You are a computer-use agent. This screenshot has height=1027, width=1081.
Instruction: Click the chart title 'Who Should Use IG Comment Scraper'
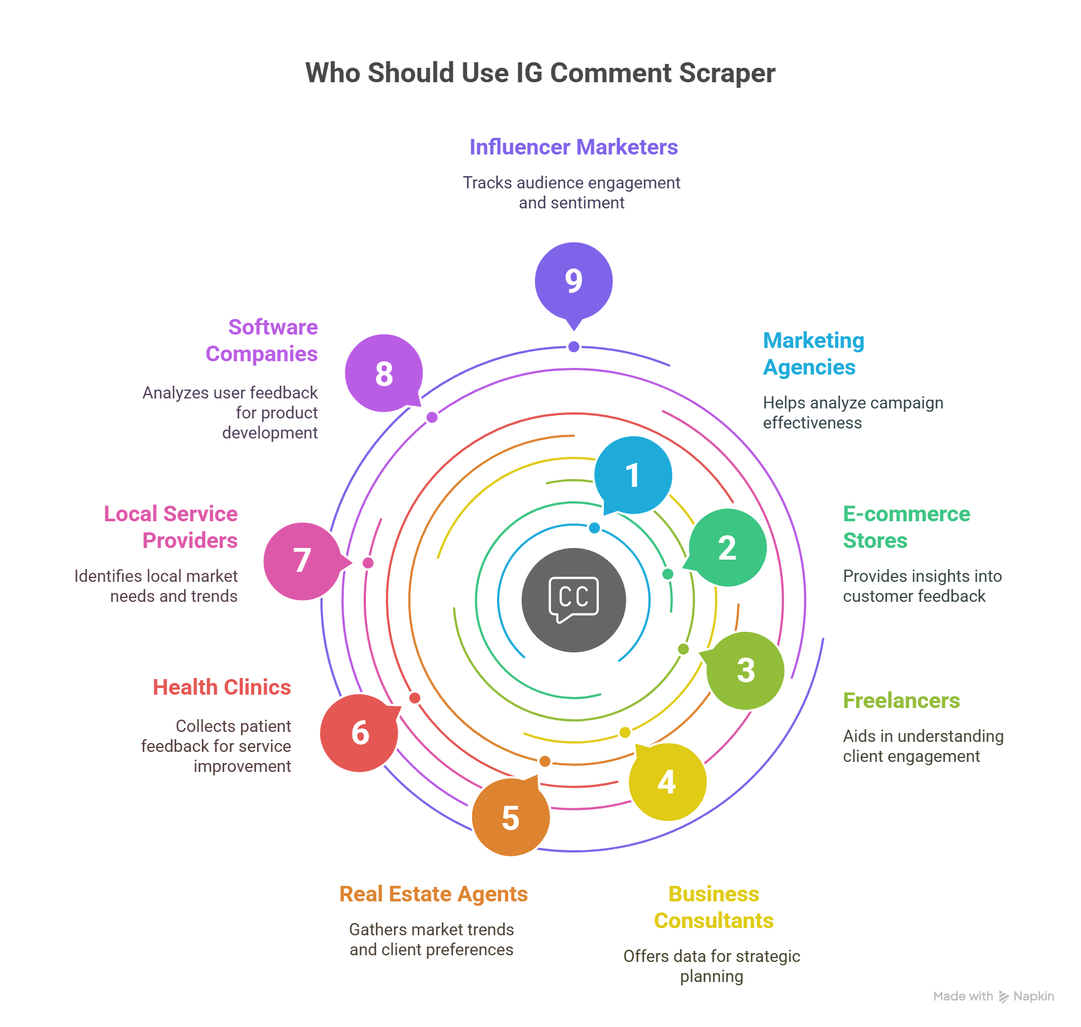click(x=540, y=73)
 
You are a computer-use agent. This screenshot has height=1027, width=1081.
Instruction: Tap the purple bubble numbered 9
click(x=573, y=281)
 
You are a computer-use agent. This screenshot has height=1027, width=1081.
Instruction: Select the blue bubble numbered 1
click(x=633, y=475)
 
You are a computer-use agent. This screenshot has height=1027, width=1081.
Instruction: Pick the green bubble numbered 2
click(x=727, y=547)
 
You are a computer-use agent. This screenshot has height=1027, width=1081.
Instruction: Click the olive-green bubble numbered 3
click(x=745, y=670)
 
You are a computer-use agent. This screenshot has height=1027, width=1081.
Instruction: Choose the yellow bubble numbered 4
click(x=667, y=781)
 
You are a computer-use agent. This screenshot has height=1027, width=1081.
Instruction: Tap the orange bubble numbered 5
click(x=510, y=817)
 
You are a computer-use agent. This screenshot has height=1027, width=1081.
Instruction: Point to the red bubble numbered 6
click(x=359, y=732)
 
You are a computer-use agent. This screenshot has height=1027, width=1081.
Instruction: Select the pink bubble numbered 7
click(x=302, y=561)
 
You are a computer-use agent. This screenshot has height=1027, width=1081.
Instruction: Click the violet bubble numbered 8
click(x=384, y=373)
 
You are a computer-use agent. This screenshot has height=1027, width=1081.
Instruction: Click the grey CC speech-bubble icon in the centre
click(x=573, y=600)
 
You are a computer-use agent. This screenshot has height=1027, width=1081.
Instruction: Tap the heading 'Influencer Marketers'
click(x=573, y=147)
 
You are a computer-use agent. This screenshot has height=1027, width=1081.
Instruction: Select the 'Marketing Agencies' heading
click(x=813, y=354)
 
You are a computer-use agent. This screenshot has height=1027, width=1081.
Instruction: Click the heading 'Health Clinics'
click(x=222, y=687)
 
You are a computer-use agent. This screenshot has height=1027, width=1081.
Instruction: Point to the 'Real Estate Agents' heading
click(x=433, y=894)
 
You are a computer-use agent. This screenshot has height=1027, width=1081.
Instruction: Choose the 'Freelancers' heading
click(x=901, y=701)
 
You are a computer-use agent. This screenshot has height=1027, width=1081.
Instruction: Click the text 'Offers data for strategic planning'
click(x=711, y=966)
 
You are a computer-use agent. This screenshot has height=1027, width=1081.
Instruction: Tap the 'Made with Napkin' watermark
click(x=993, y=996)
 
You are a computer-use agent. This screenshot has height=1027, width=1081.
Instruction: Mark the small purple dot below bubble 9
click(x=574, y=347)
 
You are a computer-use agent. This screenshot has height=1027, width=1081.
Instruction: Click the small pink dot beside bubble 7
click(x=368, y=563)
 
